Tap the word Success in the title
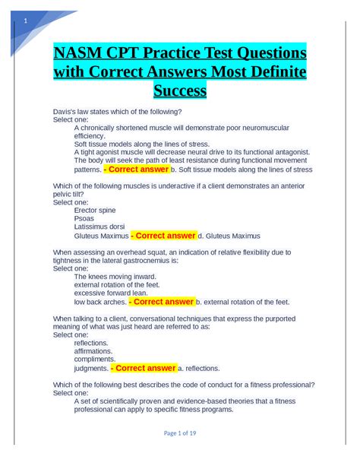(179, 92)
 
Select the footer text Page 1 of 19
(180, 433)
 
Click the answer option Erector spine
(95, 210)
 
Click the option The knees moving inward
(115, 277)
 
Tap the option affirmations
(92, 352)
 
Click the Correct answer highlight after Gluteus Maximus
(163, 236)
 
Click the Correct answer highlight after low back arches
(162, 302)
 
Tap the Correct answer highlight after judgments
(144, 369)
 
